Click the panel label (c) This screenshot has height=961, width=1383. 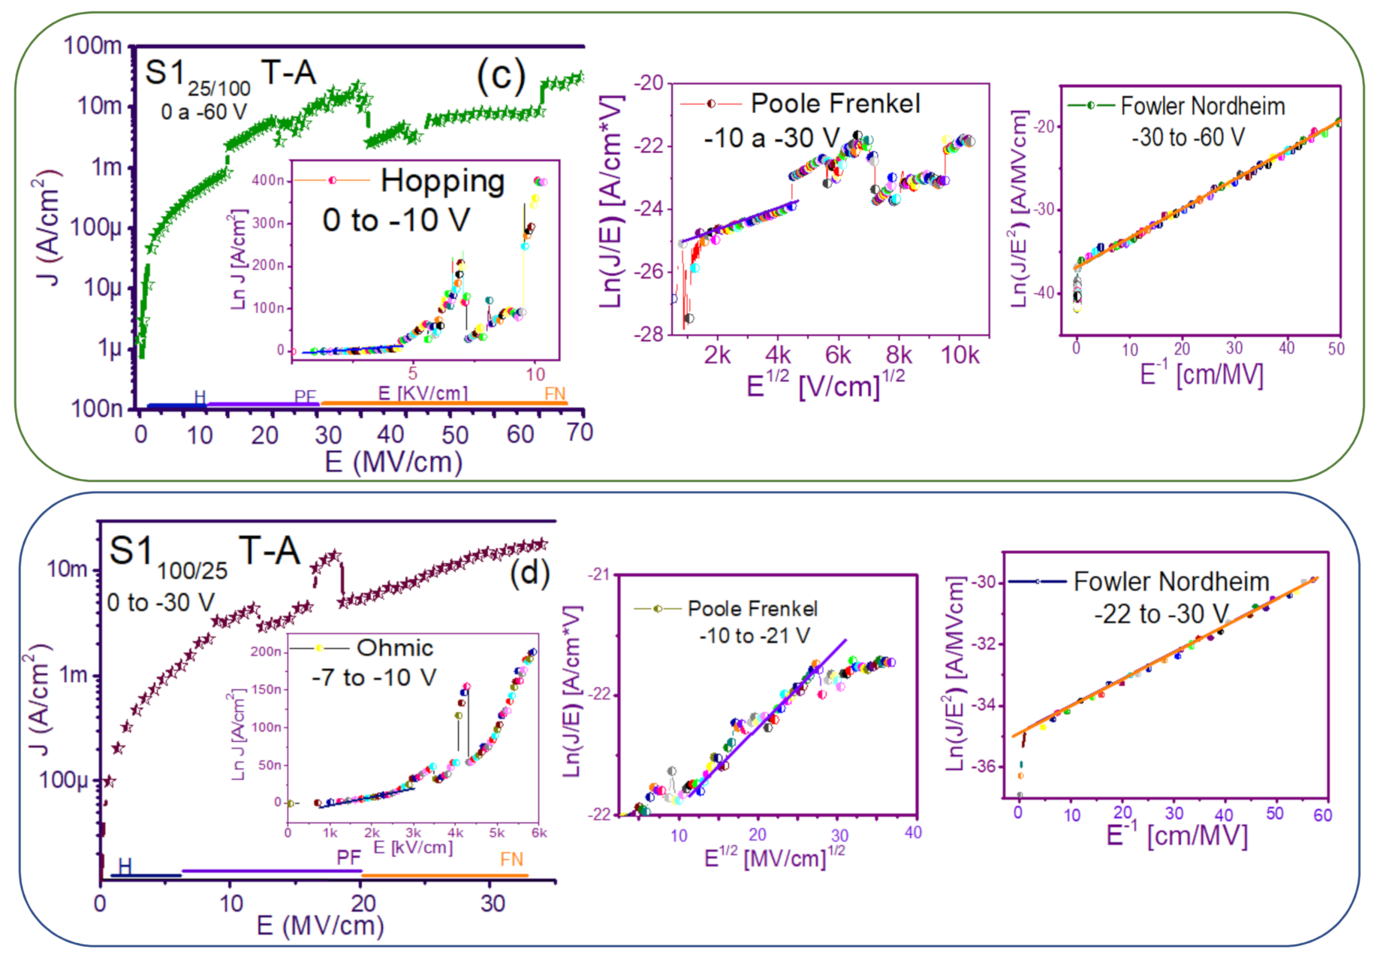click(x=501, y=77)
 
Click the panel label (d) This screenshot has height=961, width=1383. click(x=529, y=574)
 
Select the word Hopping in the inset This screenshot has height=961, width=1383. click(x=442, y=182)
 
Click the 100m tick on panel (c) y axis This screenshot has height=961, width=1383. click(x=92, y=46)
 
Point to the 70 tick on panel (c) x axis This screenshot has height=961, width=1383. click(x=579, y=433)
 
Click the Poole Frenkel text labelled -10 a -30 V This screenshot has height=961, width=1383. click(x=835, y=104)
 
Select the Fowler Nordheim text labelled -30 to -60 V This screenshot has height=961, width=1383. click(x=1202, y=107)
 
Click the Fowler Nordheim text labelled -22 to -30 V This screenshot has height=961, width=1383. click(x=1171, y=582)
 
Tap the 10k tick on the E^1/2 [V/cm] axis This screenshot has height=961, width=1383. click(x=960, y=355)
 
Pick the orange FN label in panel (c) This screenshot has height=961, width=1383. click(x=554, y=394)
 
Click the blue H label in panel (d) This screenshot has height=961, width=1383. click(x=125, y=866)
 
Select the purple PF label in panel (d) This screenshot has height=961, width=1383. click(x=348, y=858)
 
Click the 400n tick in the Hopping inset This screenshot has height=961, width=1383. click(x=268, y=181)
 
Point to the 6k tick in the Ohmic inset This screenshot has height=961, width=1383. click(x=538, y=833)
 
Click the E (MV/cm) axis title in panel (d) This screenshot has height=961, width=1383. click(x=321, y=926)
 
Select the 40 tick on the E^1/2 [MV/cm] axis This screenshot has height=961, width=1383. click(x=913, y=833)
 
